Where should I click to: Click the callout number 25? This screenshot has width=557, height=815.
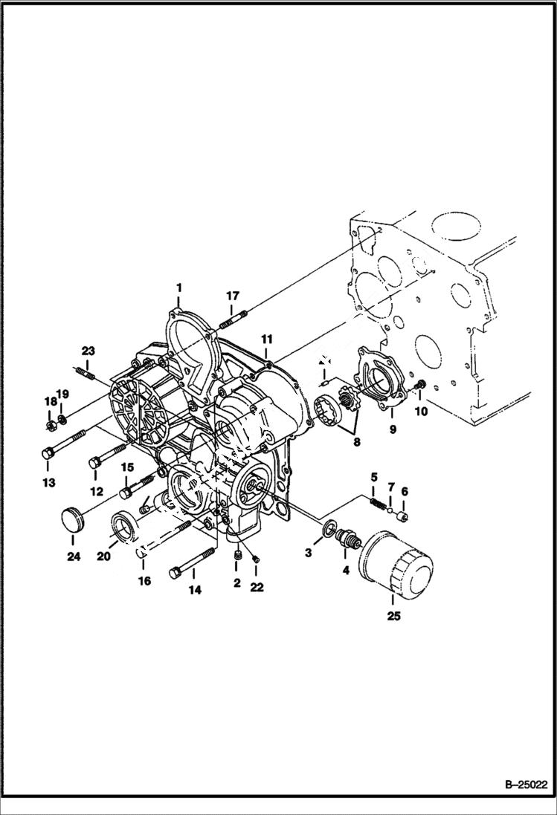[x=394, y=615]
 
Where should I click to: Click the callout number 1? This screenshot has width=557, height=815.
[x=178, y=286]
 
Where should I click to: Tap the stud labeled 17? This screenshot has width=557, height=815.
[x=231, y=322]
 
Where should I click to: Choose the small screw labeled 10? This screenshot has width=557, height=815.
[x=420, y=385]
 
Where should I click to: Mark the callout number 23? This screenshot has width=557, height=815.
[x=88, y=351]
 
